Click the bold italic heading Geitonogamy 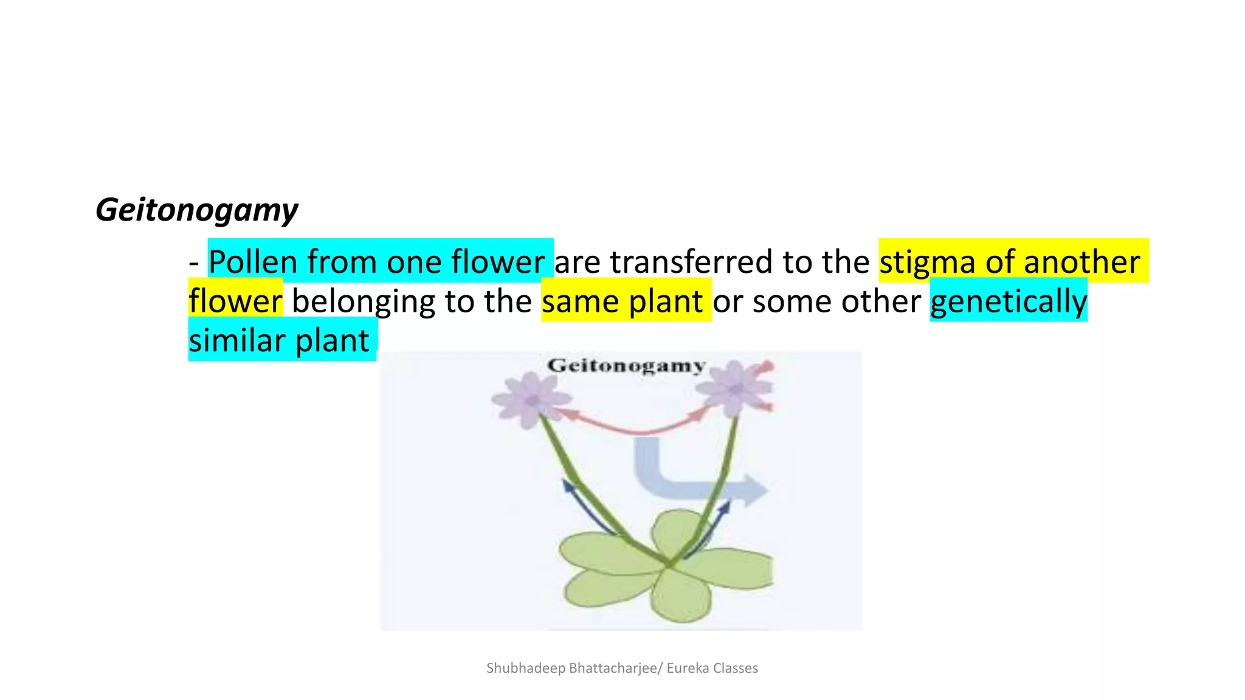pyautogui.click(x=196, y=210)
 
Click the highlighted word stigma pyautogui.click(x=927, y=262)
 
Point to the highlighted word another pyautogui.click(x=1081, y=262)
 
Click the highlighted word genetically pyautogui.click(x=1009, y=301)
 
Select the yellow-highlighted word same pyautogui.click(x=580, y=301)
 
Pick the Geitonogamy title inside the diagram pyautogui.click(x=626, y=366)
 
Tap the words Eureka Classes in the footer pyautogui.click(x=712, y=668)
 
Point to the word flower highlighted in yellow pyautogui.click(x=235, y=301)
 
